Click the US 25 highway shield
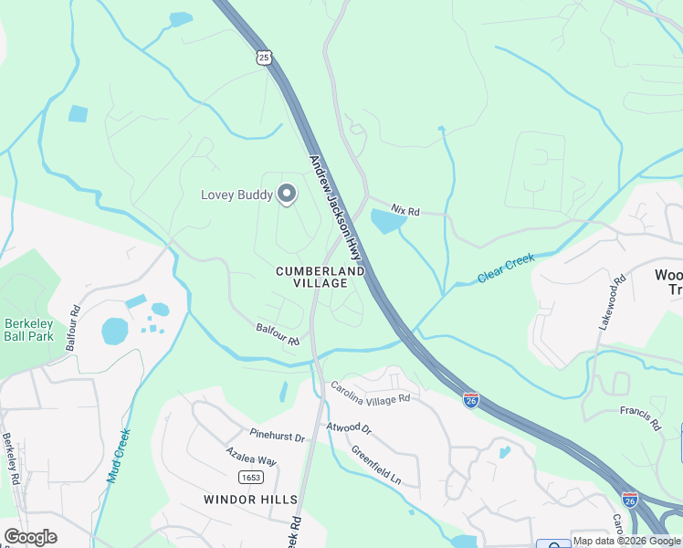click(264, 58)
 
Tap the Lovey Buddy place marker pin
click(287, 195)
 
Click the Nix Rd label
click(405, 211)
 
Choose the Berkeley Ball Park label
click(29, 330)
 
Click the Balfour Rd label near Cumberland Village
click(278, 334)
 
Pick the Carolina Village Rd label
click(370, 392)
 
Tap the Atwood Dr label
click(349, 427)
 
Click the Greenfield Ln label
click(376, 466)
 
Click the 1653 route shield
click(250, 478)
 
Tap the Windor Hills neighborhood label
click(250, 499)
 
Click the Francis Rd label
click(640, 417)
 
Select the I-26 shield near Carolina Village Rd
click(471, 401)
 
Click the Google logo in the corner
click(30, 536)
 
